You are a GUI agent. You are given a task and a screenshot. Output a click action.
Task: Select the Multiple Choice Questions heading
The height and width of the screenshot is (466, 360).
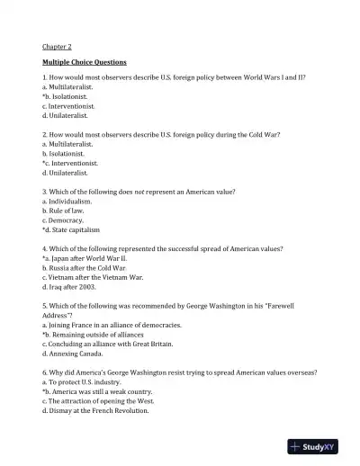[x=84, y=62]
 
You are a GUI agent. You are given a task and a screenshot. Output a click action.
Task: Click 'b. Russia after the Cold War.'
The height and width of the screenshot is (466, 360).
[x=88, y=268]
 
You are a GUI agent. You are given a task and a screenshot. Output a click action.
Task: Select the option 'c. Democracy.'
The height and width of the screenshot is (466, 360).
[x=63, y=220]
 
